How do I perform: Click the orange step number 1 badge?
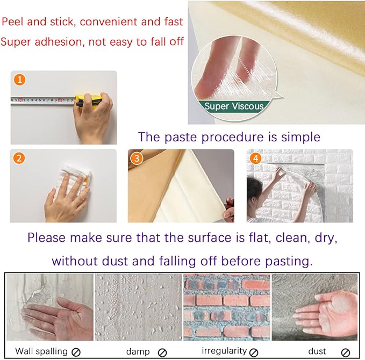point(20,80)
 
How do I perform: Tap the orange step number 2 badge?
point(19,159)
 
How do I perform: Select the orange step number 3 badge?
point(138,159)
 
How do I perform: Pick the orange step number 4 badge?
point(255,159)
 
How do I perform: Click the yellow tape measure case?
point(87,100)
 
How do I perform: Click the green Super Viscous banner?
point(234,106)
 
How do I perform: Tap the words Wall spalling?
point(41,351)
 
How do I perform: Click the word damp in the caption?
point(138,351)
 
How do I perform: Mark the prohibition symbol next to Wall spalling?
point(76,352)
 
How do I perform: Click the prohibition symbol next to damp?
point(162,352)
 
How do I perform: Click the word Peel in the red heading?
point(14,23)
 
